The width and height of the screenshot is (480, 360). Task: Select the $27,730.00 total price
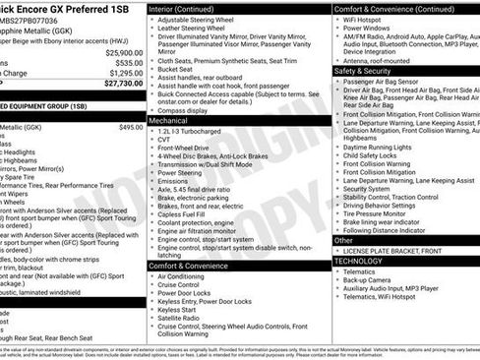pyautogui.click(x=121, y=85)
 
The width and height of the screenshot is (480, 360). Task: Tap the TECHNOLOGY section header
pyautogui.click(x=359, y=261)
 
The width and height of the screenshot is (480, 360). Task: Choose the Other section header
pyautogui.click(x=344, y=240)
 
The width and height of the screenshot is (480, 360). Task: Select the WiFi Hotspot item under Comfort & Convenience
pyautogui.click(x=369, y=19)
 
